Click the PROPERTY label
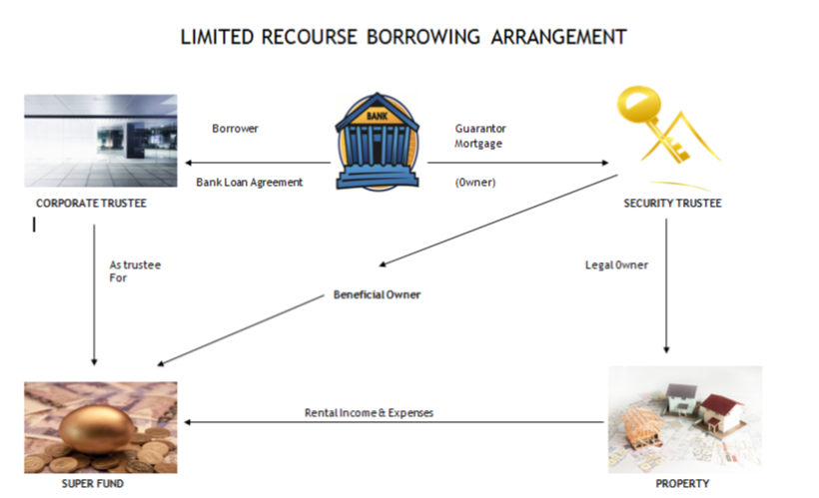tap(683, 484)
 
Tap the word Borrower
tap(235, 129)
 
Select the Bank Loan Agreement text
tap(249, 183)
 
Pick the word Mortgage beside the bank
tap(477, 144)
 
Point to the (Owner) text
tap(475, 183)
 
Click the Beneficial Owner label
tap(377, 295)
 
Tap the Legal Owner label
tap(616, 264)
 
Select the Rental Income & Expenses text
tap(369, 412)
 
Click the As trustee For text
tap(134, 270)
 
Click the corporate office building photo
tap(100, 141)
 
